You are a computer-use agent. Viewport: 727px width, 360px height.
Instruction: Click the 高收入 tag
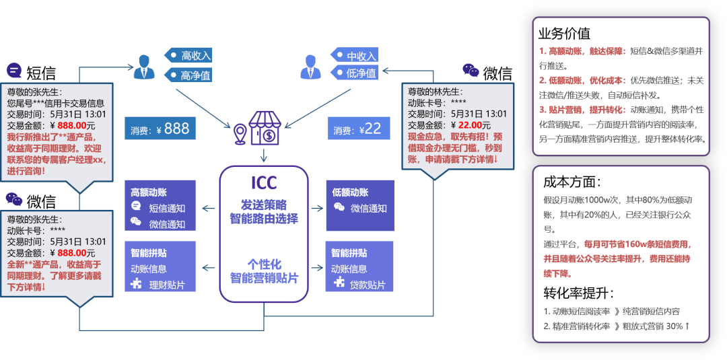point(188,56)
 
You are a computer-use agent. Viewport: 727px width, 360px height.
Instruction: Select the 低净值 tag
point(355,72)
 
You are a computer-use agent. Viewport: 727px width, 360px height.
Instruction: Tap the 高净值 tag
point(188,75)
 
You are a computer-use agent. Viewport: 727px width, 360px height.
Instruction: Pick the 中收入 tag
point(355,56)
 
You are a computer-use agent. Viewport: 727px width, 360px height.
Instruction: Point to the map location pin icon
point(239,134)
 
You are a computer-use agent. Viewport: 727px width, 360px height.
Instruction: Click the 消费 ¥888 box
point(160,128)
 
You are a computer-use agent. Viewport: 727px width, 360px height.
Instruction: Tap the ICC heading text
point(264,182)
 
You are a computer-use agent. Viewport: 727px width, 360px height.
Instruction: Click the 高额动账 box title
point(149,192)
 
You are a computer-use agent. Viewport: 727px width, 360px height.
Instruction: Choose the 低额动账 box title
point(350,192)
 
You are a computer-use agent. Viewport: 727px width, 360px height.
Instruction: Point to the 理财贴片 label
point(166,285)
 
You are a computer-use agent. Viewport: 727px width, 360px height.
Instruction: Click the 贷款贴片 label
point(368,285)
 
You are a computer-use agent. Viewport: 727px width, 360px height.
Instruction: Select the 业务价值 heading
point(564,34)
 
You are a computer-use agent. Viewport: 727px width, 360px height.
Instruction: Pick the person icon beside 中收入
point(310,67)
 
